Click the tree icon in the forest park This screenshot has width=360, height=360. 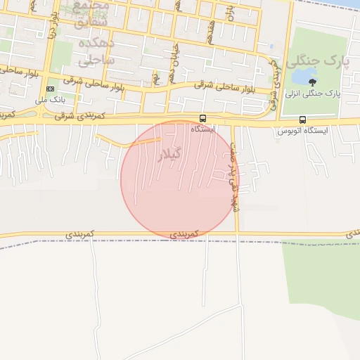[312, 82]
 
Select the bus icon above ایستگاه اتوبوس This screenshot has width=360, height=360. [302, 120]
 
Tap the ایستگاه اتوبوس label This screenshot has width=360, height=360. [302, 131]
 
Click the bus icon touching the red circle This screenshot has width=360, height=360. [203, 118]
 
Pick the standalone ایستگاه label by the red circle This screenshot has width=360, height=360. [203, 129]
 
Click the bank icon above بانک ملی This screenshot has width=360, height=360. [50, 89]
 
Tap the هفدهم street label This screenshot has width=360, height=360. [210, 32]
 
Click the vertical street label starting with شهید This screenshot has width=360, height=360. [233, 169]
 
